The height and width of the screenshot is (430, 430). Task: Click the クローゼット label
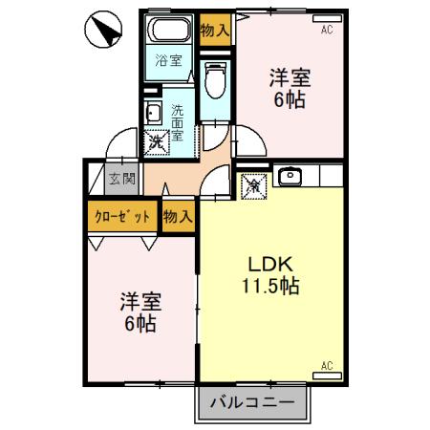pos(122,216)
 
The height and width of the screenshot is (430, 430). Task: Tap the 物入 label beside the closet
pos(178,216)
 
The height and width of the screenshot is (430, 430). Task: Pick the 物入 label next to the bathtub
pos(215,30)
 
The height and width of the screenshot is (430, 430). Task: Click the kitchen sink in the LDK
pos(290,177)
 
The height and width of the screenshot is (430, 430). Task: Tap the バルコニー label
pos(255,401)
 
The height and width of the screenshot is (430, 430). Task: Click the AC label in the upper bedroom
pos(327,31)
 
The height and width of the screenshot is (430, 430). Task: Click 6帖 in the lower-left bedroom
pos(140,323)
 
